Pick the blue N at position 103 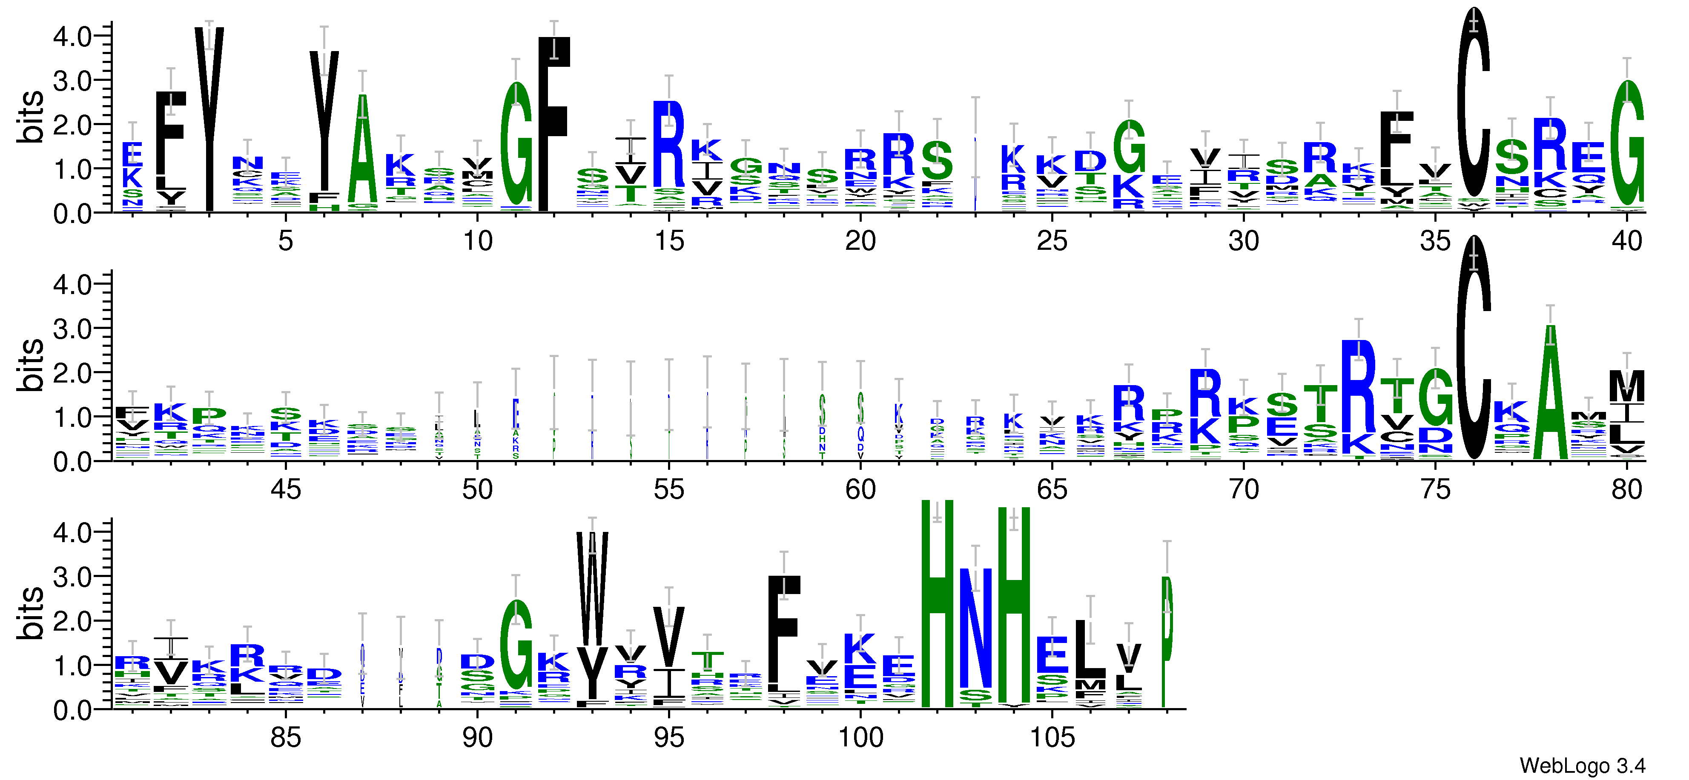pos(975,629)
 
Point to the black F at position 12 pos(554,121)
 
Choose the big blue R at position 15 pos(669,144)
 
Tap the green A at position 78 pos(1550,393)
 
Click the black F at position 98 pos(784,632)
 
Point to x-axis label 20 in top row pos(860,241)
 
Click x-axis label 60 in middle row pos(860,490)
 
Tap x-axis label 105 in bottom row pos(1052,738)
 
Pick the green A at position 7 pos(363,151)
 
